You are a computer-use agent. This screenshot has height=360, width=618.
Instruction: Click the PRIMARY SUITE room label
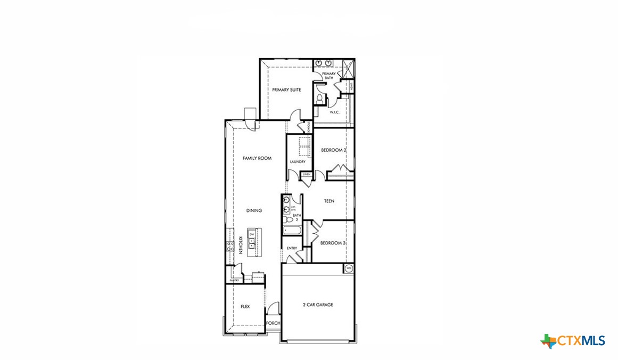(286, 90)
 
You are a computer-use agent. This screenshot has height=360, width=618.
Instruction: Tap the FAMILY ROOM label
(257, 158)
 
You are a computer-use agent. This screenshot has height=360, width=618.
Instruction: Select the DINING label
(254, 210)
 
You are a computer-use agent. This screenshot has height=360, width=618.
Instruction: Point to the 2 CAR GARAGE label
(318, 305)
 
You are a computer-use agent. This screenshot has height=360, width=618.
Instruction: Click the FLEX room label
(245, 307)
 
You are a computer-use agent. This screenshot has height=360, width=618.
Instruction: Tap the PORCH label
(273, 323)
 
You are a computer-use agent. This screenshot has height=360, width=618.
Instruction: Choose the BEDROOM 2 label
(334, 150)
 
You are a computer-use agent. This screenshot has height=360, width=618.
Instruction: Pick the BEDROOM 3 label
(333, 243)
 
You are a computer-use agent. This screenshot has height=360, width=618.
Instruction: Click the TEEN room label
(329, 201)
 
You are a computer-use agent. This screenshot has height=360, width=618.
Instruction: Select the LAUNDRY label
(298, 162)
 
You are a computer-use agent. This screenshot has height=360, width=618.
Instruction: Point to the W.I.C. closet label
(335, 112)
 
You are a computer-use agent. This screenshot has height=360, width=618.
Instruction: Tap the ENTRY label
(292, 248)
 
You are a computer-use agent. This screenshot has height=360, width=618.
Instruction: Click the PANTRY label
(233, 280)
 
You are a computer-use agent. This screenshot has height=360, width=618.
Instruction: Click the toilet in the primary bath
(319, 99)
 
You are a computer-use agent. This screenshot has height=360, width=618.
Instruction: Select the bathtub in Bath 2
(292, 231)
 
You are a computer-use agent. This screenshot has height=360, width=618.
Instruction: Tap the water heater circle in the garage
(349, 268)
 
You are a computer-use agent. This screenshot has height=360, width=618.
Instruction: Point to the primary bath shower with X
(348, 69)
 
